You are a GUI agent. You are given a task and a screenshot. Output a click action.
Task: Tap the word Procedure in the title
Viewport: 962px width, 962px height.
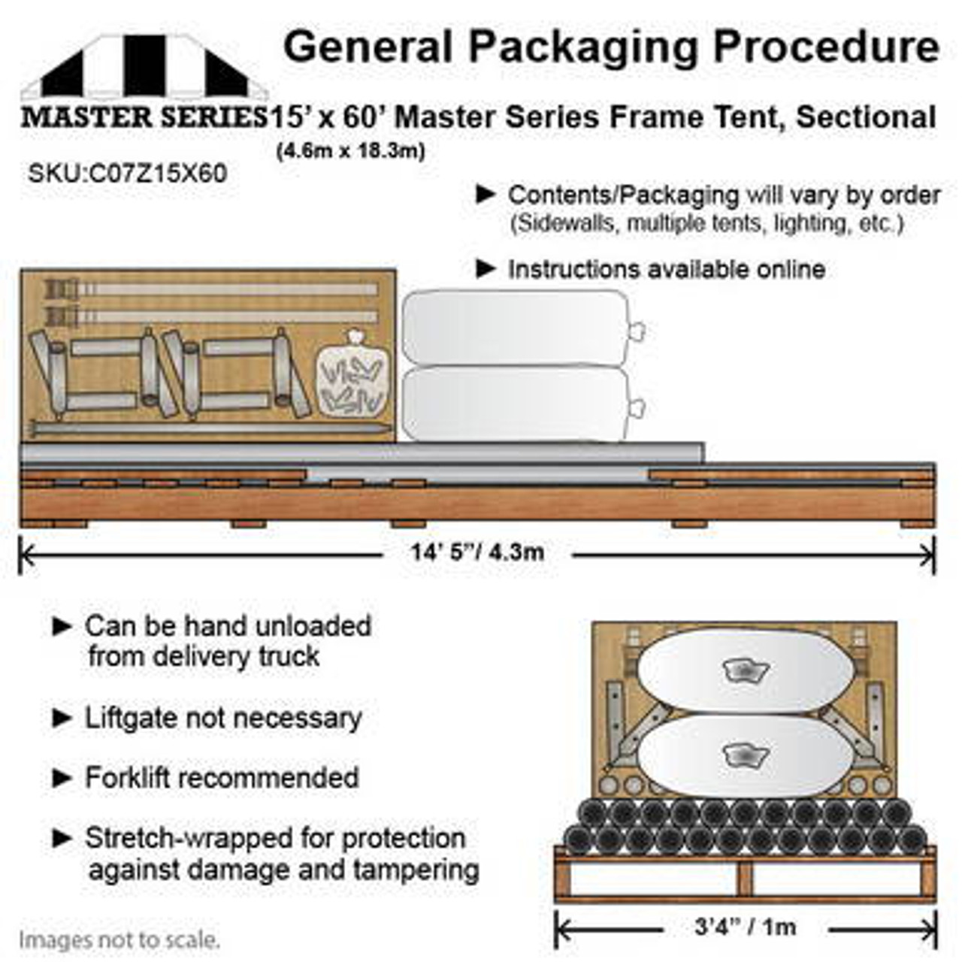coord(826,47)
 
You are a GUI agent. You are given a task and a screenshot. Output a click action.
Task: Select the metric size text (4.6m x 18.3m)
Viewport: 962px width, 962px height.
coord(351,151)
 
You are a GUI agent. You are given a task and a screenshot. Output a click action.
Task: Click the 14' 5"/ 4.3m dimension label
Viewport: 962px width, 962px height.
coord(477,552)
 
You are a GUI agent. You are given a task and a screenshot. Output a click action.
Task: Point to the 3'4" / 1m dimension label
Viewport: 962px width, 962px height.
coord(745,927)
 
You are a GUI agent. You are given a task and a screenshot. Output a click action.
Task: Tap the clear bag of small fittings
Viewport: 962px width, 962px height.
coord(352,376)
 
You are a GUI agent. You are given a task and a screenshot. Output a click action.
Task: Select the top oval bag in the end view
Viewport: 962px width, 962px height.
coord(744,670)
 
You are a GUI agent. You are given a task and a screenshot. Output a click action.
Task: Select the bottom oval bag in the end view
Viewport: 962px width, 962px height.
coord(744,755)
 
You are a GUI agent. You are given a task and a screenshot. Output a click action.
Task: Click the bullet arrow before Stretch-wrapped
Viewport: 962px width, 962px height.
coord(62,838)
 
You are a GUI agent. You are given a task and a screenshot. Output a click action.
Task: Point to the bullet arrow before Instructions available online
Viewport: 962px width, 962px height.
coord(486,268)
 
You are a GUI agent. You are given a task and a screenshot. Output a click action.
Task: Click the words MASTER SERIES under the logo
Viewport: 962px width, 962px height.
coord(143,117)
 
